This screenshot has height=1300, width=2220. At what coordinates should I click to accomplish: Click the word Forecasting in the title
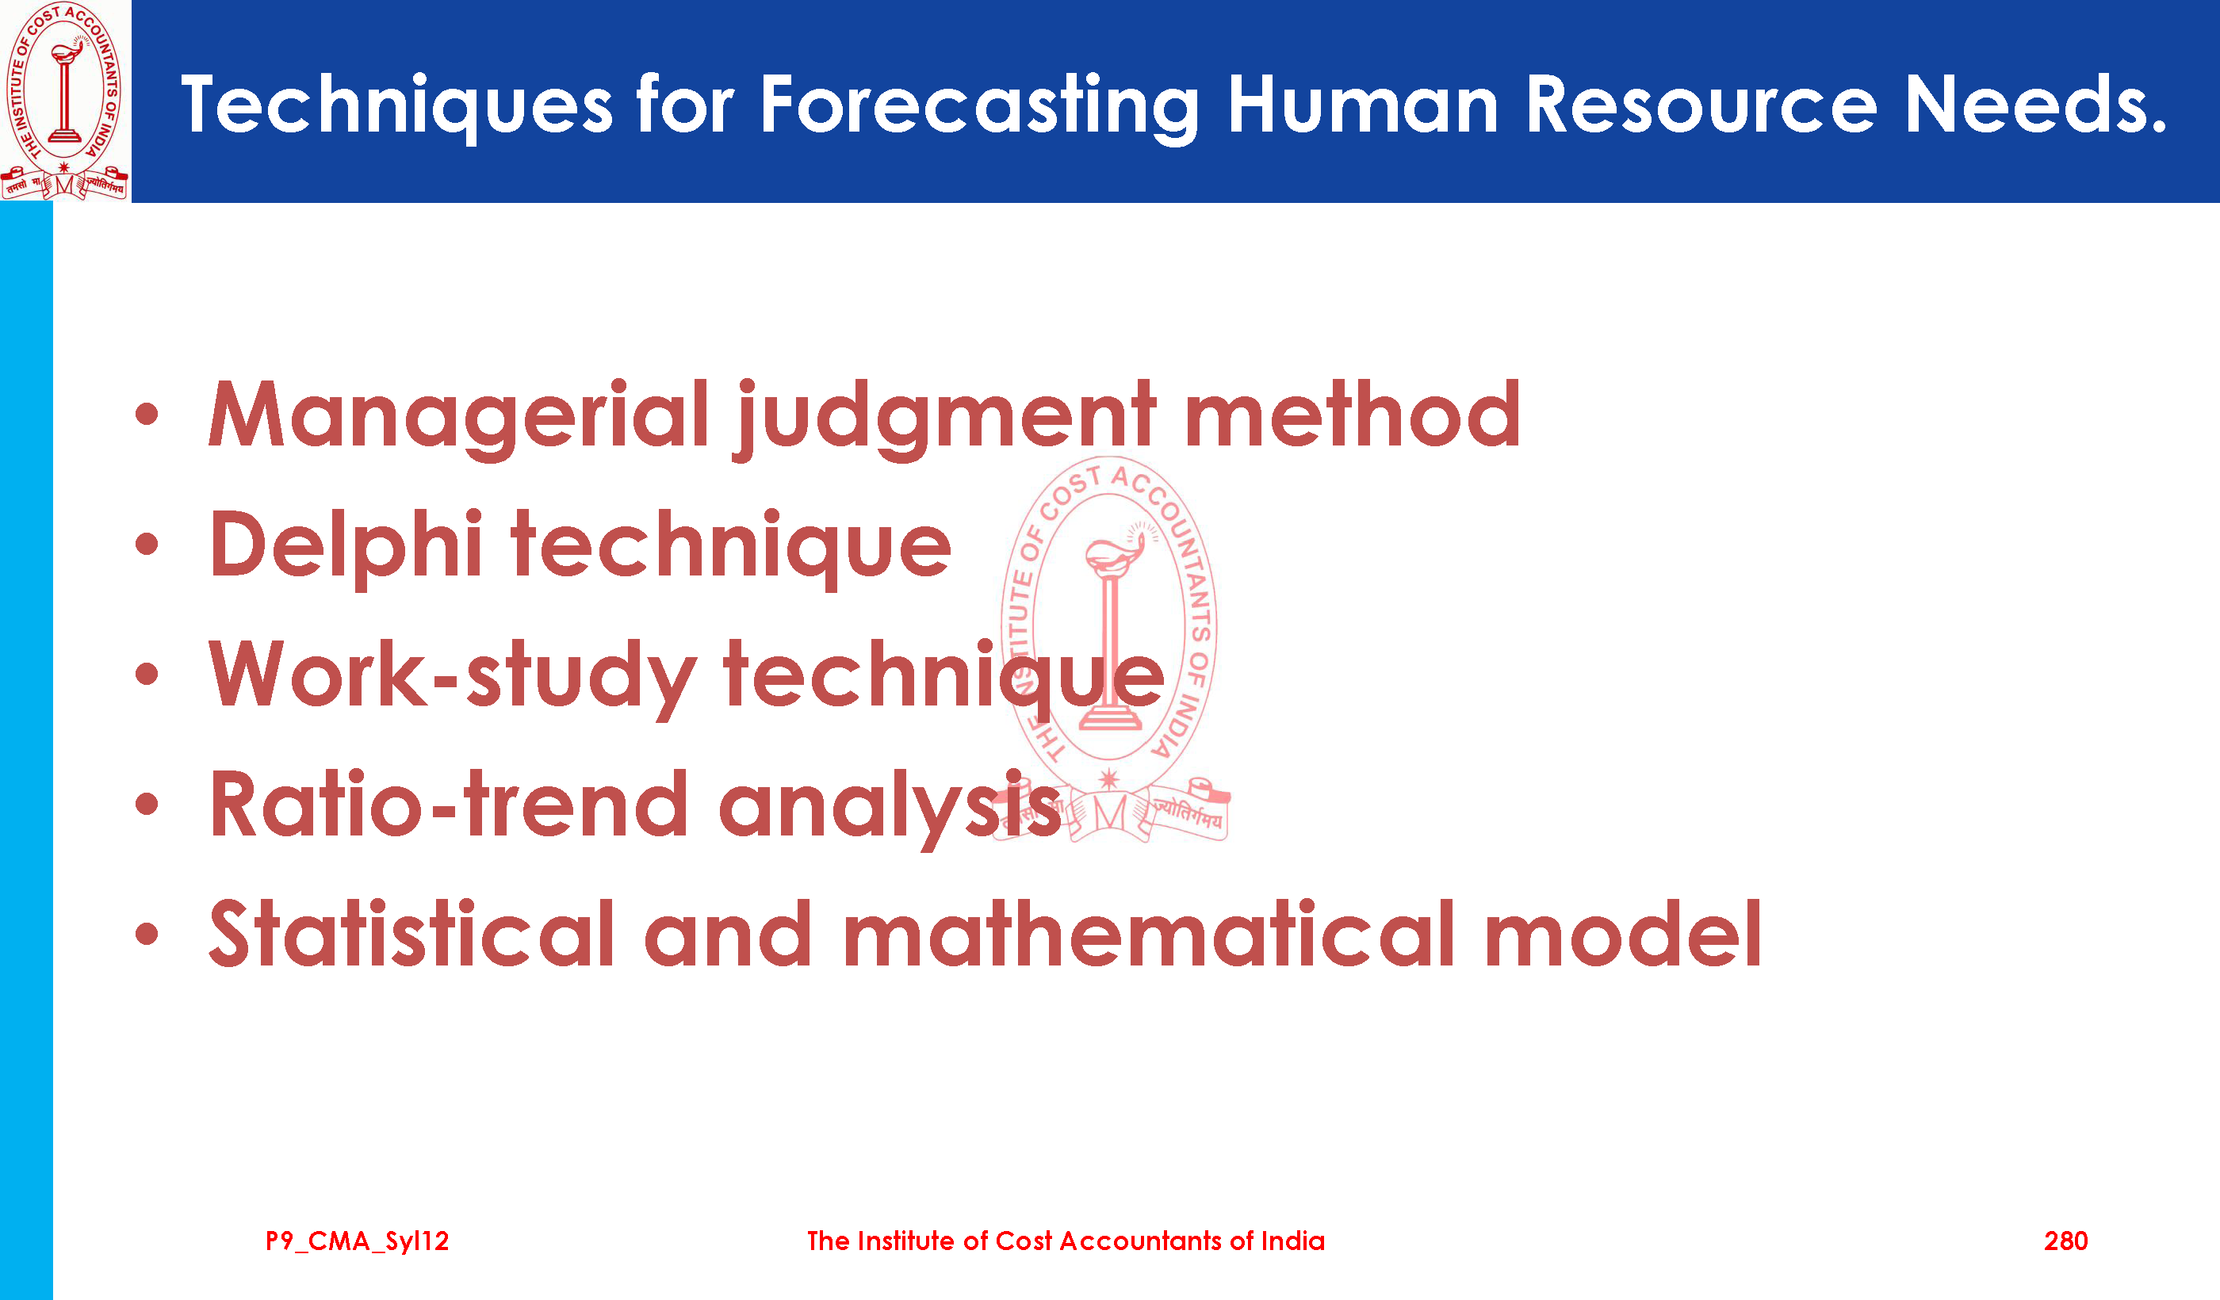point(978,106)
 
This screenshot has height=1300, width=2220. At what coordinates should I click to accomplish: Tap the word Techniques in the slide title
point(396,106)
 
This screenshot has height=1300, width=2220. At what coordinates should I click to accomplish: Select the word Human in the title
point(1362,105)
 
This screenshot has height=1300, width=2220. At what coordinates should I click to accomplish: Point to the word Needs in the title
point(2033,105)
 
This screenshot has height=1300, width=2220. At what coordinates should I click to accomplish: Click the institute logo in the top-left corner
point(64,101)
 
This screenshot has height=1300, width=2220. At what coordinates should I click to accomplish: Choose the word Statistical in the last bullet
point(411,934)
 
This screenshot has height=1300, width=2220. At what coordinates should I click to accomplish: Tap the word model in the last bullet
point(1622,934)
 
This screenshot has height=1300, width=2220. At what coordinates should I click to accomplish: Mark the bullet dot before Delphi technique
point(147,545)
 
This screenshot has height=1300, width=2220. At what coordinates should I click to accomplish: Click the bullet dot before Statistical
point(147,935)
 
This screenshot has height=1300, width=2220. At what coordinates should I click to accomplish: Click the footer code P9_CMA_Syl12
point(357,1242)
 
